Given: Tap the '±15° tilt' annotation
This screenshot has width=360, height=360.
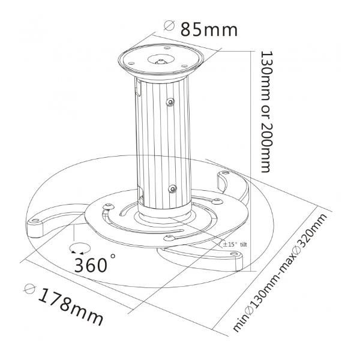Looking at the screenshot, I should pyautogui.click(x=234, y=244).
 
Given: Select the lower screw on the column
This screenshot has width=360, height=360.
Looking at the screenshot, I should pyautogui.click(x=173, y=188).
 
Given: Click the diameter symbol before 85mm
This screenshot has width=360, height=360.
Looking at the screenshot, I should pyautogui.click(x=169, y=27).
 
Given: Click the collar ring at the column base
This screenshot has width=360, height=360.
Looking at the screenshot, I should pyautogui.click(x=166, y=211).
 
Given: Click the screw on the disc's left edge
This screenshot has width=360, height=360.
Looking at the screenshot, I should pyautogui.click(x=106, y=207).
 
